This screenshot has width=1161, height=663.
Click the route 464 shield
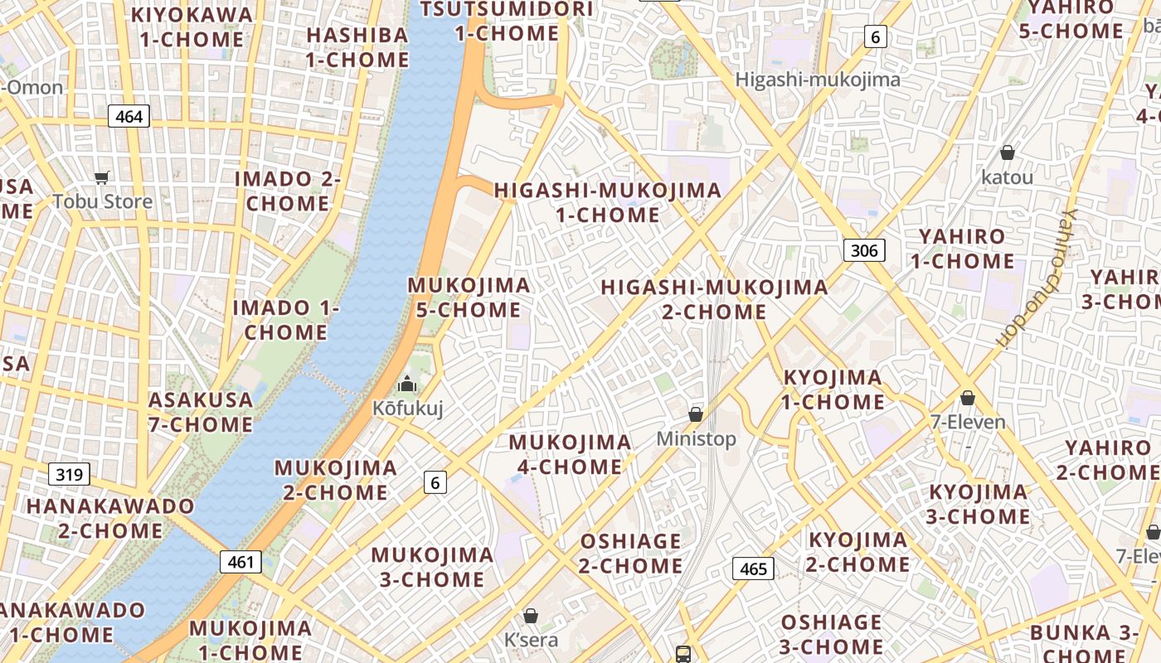tap(129, 117)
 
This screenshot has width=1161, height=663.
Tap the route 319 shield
tap(70, 475)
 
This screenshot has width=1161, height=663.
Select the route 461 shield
tap(240, 562)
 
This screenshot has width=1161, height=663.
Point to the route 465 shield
tap(753, 569)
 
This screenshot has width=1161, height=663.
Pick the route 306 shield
tap(864, 250)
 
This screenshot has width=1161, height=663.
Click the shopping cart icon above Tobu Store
tap(103, 177)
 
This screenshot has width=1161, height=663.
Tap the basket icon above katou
tap(1008, 152)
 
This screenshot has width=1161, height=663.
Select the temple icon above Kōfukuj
tap(407, 384)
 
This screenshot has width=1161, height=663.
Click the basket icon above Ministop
tap(696, 414)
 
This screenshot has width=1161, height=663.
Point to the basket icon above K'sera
tap(531, 616)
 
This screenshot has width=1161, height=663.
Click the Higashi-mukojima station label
tap(818, 80)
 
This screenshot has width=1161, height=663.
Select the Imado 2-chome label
tap(288, 191)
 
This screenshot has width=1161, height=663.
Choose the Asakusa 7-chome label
tap(201, 412)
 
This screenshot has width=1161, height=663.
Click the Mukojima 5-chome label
tap(469, 298)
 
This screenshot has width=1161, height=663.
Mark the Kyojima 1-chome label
tap(833, 390)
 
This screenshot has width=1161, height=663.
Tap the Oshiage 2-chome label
tap(631, 554)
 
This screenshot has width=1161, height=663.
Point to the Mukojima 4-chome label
tap(570, 454)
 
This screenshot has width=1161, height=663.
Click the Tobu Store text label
tap(103, 201)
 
